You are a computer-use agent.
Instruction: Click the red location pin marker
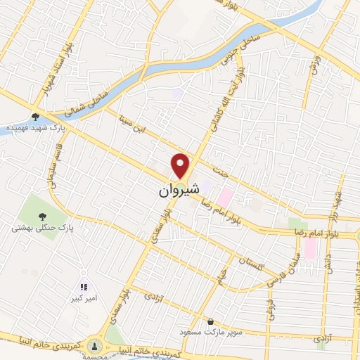(x=181, y=165)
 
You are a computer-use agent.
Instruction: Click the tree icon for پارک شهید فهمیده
(x=35, y=117)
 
